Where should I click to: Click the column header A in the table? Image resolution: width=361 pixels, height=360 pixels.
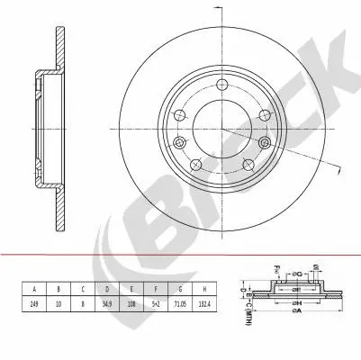pyautogui.click(x=34, y=290)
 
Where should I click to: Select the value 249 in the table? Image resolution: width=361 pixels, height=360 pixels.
pyautogui.click(x=34, y=304)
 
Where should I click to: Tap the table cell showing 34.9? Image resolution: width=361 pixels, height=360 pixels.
pyautogui.click(x=108, y=304)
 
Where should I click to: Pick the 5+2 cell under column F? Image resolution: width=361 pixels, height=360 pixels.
pyautogui.click(x=158, y=304)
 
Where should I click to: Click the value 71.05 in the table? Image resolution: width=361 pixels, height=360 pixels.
pyautogui.click(x=183, y=304)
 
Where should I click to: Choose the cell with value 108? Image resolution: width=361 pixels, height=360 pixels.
pyautogui.click(x=133, y=304)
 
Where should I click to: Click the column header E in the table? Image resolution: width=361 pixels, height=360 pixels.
pyautogui.click(x=133, y=290)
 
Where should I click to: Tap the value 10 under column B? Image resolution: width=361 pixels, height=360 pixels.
pyautogui.click(x=59, y=304)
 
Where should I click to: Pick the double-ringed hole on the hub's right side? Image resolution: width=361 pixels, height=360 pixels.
pyautogui.click(x=264, y=142)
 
